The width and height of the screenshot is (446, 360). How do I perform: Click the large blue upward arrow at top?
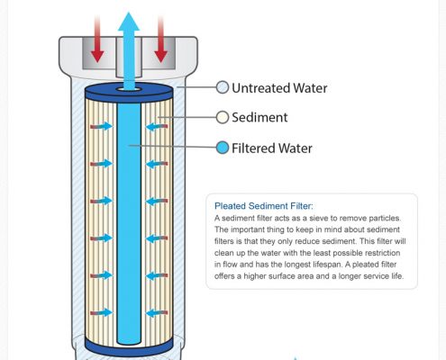point(129,51)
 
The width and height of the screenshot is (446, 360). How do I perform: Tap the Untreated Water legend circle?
point(223,87)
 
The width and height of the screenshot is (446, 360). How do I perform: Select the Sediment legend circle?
point(223,117)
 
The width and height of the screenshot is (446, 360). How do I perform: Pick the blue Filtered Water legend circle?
point(223,148)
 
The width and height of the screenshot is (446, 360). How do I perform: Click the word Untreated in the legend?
point(260,88)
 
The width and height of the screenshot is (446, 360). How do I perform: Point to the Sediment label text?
point(259,117)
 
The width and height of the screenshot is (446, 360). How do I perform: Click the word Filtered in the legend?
point(253,148)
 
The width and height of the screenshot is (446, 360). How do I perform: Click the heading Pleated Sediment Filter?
point(264,206)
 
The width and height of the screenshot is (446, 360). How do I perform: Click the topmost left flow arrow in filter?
point(101,126)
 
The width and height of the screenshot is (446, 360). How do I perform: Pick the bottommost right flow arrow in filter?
point(157,313)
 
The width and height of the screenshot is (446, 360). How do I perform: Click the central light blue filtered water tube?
point(129,223)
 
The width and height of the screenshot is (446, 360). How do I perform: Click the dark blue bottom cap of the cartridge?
point(129,347)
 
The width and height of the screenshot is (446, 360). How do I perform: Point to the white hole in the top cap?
point(129,89)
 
